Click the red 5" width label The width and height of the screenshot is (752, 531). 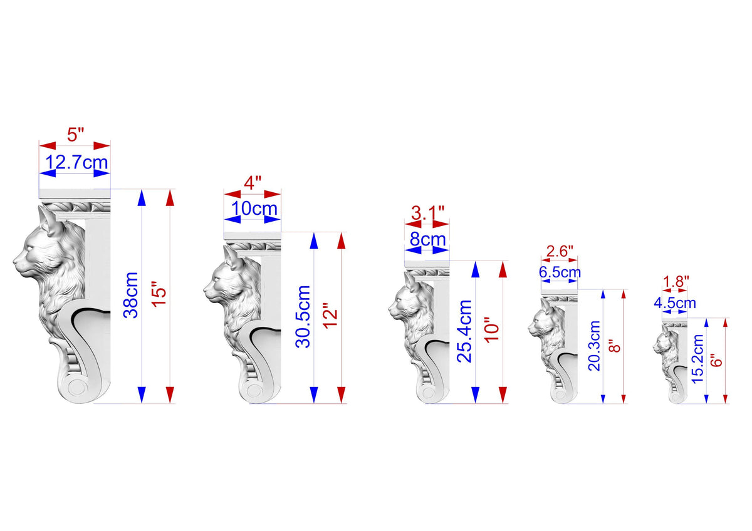(x=75, y=135)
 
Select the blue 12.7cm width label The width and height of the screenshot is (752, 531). (x=76, y=162)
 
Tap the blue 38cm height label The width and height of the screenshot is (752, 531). (x=131, y=295)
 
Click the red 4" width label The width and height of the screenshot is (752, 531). (x=253, y=183)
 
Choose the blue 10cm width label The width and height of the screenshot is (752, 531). (x=254, y=209)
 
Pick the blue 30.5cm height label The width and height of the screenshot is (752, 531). (x=303, y=317)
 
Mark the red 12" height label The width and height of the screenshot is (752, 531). (x=330, y=316)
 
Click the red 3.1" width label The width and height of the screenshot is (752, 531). (x=427, y=213)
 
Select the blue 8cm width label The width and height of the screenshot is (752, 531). (x=427, y=239)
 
